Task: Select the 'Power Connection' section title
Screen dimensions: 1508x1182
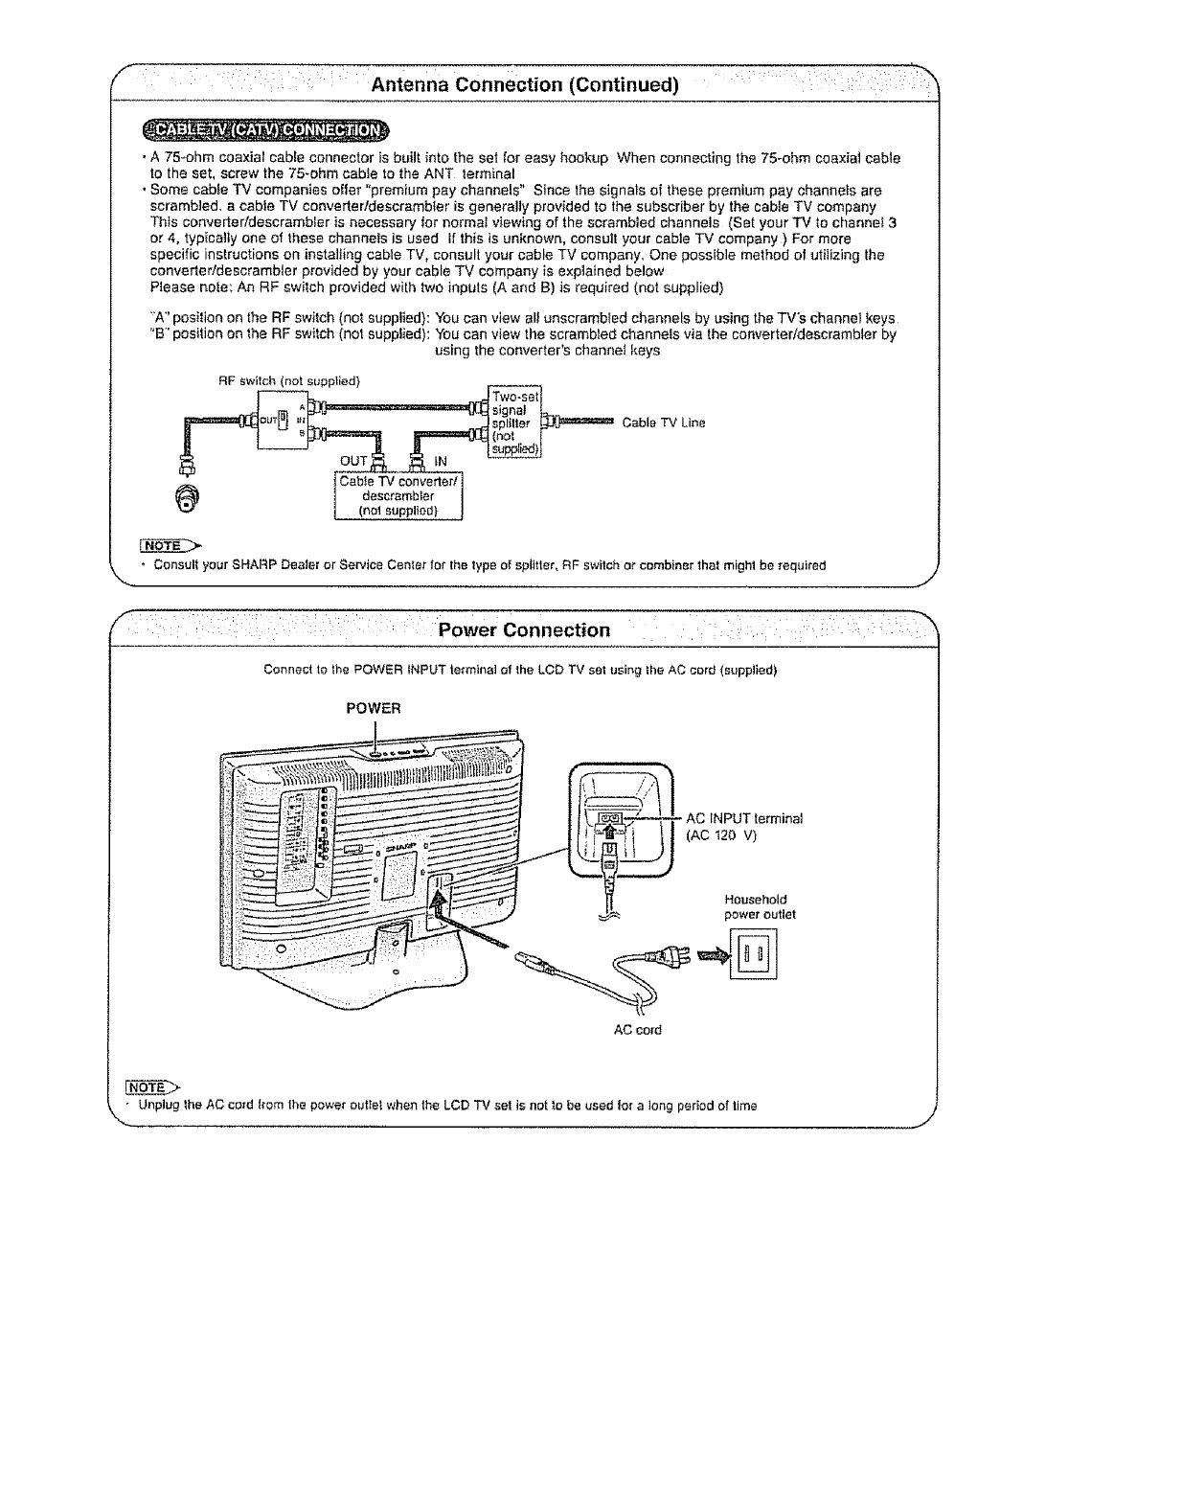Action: click(523, 629)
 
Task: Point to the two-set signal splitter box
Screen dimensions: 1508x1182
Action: click(515, 422)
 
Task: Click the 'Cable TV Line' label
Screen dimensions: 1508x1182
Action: click(664, 422)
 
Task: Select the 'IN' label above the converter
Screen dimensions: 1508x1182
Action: click(442, 461)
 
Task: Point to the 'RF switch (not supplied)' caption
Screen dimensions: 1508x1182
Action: click(288, 380)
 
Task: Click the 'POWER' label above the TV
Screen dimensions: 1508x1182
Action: click(373, 708)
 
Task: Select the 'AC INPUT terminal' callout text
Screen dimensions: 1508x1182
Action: click(744, 818)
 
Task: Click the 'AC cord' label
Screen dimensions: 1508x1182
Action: click(637, 1030)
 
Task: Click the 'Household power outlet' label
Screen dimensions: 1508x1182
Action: click(761, 906)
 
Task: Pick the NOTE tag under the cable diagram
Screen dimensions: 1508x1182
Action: click(161, 546)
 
